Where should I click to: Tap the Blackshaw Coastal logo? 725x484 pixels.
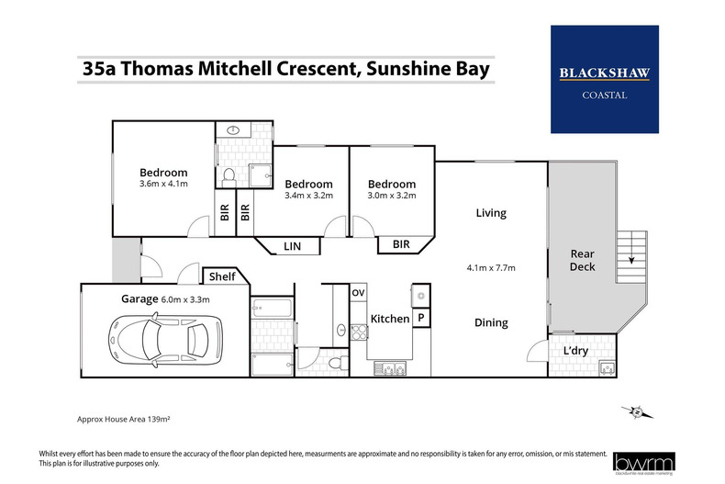coord(605,79)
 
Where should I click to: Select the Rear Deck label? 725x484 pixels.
coord(583,260)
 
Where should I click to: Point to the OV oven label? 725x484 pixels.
coord(358,293)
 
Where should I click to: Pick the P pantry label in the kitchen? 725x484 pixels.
coord(421,318)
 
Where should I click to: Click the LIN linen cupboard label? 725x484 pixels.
coord(292,246)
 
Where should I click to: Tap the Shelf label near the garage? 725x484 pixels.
coord(222,276)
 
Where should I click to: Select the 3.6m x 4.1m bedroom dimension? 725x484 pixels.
coord(163,184)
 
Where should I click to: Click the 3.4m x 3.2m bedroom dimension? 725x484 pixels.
coord(308,196)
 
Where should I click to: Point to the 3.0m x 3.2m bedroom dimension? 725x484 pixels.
coord(392,196)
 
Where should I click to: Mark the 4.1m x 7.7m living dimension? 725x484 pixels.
coord(491,268)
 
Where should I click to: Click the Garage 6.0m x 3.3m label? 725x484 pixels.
coord(166,298)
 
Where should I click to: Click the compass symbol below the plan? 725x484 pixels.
coord(634,414)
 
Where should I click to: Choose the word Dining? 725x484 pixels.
coord(491,322)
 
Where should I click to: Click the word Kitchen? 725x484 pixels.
coord(389,319)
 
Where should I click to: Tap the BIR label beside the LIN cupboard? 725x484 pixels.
coord(401,243)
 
